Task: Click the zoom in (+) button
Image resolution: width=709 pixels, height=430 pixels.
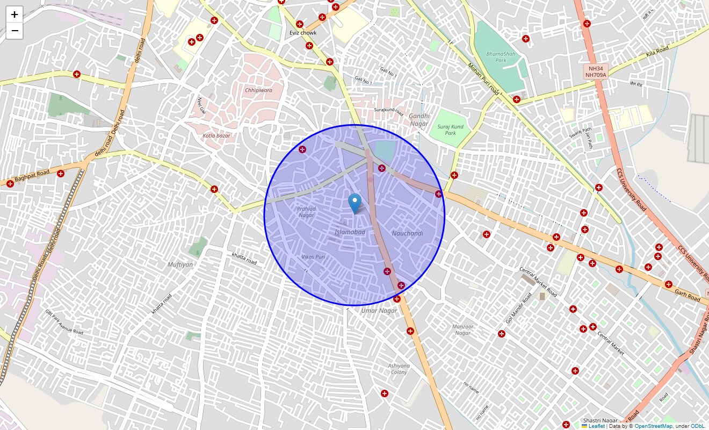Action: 15,15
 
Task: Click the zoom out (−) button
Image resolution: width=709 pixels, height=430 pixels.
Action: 15,31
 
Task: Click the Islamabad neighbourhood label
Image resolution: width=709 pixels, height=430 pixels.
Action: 350,232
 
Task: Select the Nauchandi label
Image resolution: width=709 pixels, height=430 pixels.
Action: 407,233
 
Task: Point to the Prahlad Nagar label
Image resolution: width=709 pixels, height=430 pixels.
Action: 306,212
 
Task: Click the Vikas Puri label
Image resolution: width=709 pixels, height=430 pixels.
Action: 313,257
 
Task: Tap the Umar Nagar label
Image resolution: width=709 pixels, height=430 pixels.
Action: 379,311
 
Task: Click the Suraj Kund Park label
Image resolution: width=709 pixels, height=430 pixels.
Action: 450,130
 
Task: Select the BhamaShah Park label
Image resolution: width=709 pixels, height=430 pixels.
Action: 496,57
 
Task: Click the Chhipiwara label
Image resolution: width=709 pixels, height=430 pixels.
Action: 258,90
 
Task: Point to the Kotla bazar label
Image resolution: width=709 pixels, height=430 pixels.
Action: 216,135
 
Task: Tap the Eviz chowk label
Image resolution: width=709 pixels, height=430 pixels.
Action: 303,33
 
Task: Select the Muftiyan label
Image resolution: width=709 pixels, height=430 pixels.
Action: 180,264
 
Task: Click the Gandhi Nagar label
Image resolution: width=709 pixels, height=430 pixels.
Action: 419,119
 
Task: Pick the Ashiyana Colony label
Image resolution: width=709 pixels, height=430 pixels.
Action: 399,369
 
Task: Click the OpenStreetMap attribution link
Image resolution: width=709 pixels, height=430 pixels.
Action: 653,426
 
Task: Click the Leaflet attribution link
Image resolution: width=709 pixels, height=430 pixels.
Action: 596,426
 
